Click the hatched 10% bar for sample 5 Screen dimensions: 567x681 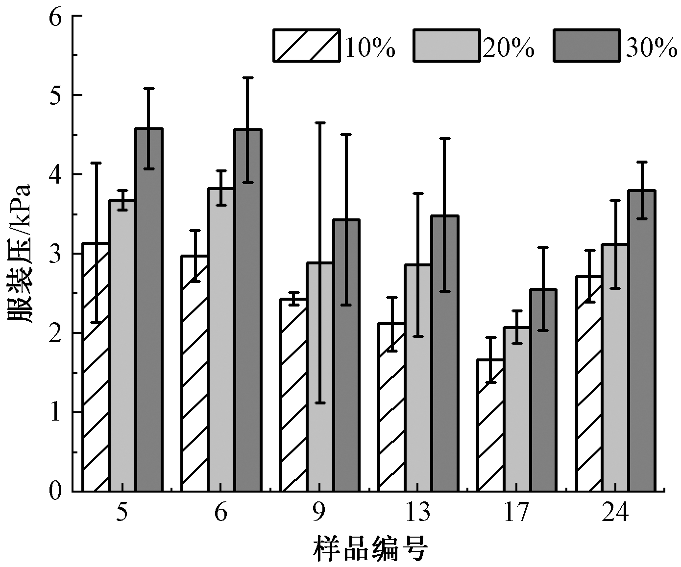96,367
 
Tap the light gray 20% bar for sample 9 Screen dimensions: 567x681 320,377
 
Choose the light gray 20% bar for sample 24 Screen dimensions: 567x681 615,367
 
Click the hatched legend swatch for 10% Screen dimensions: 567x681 306,46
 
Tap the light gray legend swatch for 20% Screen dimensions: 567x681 446,46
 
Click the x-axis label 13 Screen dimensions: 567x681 418,513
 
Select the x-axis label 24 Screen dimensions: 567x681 615,513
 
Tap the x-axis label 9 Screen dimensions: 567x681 319,513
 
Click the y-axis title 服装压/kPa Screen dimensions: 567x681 20,254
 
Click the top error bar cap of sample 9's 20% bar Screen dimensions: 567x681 320,122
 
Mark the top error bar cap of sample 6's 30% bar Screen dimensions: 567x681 247,77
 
